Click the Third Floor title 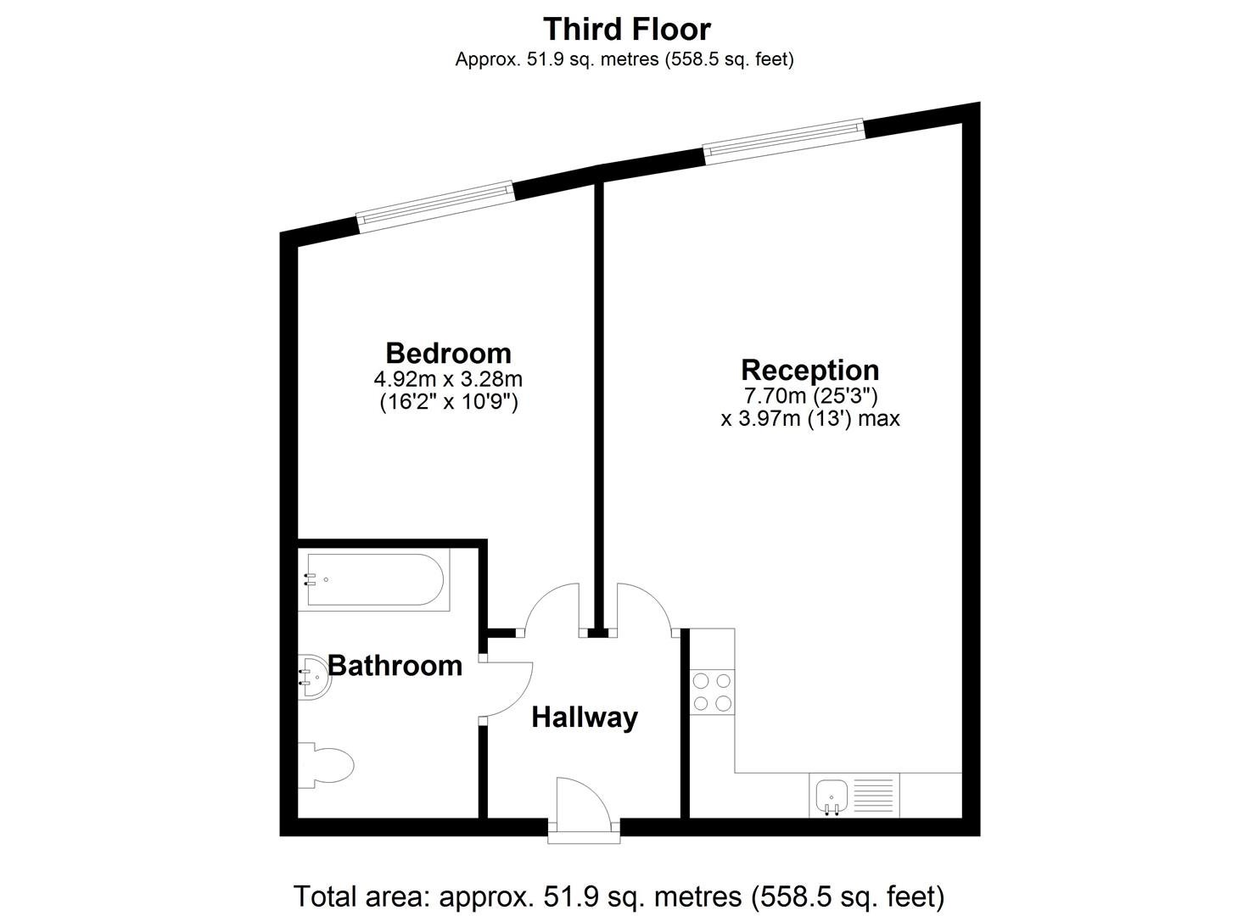point(627,29)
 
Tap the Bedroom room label point(448,353)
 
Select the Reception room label point(810,370)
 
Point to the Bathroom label point(395,666)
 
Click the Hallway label point(585,718)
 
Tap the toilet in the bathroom point(327,765)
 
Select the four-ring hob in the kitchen point(712,692)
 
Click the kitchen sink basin point(832,796)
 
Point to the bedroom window point(436,206)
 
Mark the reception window point(783,141)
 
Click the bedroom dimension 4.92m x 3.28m point(448,379)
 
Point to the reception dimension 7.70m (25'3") point(810,396)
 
